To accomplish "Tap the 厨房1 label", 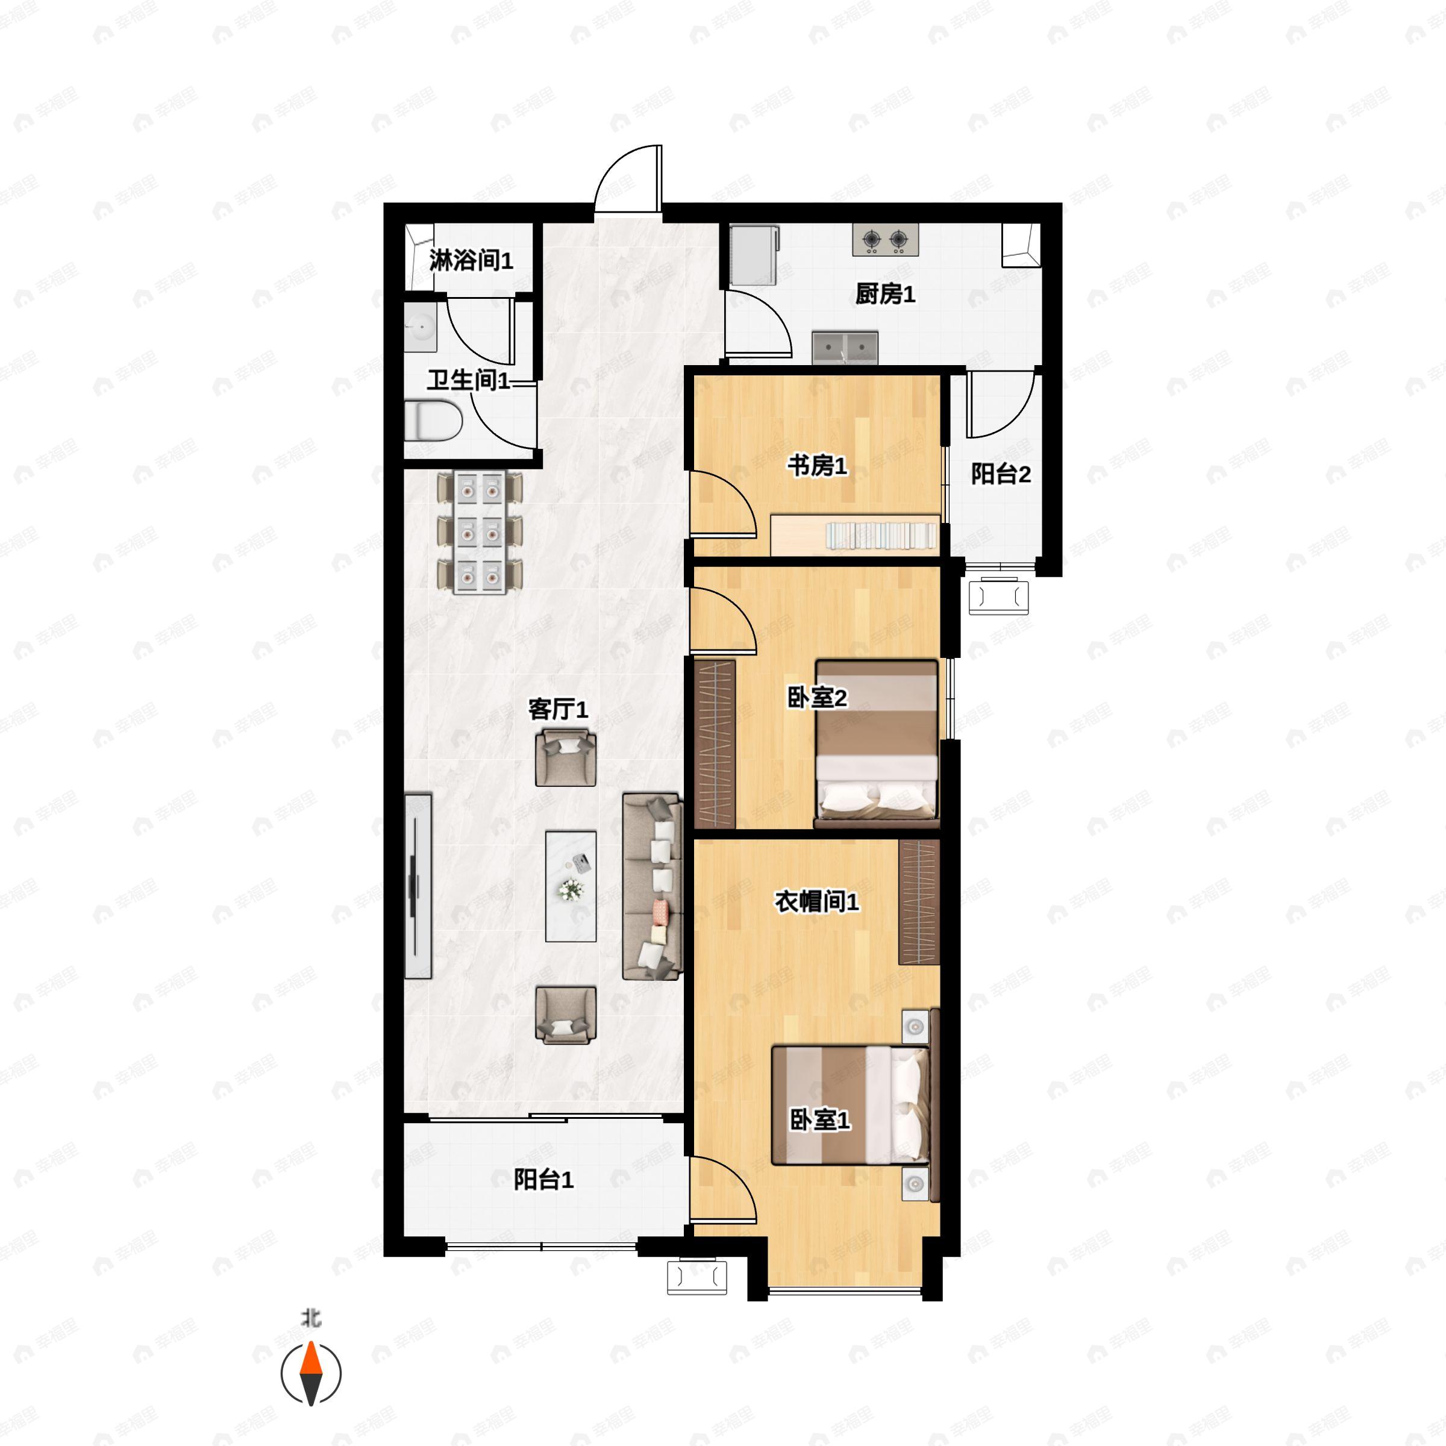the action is click(x=886, y=294).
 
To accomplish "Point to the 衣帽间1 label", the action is click(x=816, y=902).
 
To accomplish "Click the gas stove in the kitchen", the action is click(x=886, y=240).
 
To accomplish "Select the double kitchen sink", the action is click(x=845, y=347).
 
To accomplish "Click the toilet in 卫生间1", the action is click(x=433, y=423).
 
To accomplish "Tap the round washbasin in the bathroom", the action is click(x=421, y=327).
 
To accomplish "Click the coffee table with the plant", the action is click(x=571, y=886).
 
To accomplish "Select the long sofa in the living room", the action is click(x=653, y=887).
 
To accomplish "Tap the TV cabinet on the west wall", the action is click(x=418, y=886).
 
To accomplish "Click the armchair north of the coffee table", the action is click(x=566, y=759).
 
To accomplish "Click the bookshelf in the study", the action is click(x=856, y=534).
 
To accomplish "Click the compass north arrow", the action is click(x=311, y=1374).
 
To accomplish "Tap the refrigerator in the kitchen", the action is click(x=754, y=256).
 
